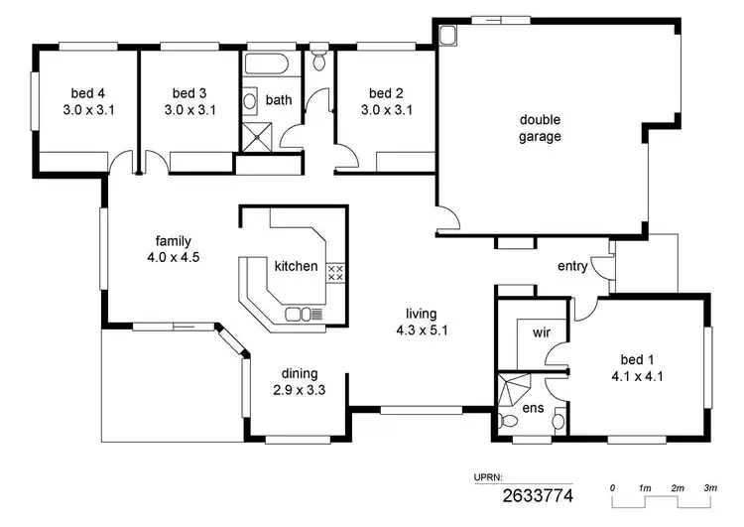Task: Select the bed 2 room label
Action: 386,93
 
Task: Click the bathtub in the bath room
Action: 266,66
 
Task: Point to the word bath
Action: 278,100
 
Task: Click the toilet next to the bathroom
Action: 318,61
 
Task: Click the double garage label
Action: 540,128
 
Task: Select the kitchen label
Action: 296,266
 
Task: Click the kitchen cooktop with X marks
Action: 335,272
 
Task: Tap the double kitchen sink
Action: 300,315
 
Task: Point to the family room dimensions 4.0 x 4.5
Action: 173,257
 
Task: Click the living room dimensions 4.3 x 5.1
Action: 428,331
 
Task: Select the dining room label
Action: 299,373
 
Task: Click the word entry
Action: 572,266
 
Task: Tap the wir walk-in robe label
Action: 542,332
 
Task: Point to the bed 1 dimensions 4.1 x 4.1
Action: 637,375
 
